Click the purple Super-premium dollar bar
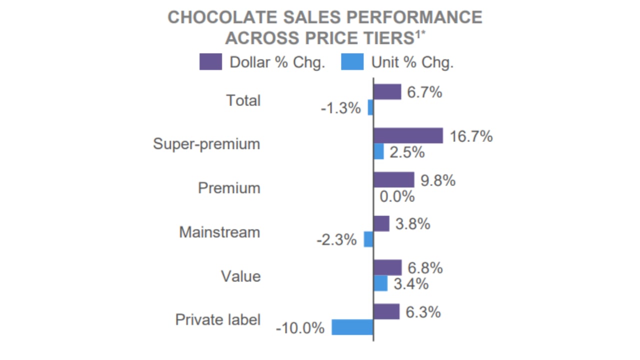pos(408,135)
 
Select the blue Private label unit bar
pos(352,327)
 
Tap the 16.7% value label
pos(471,136)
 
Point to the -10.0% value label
pos(300,328)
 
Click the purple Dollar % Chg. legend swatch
pos(210,62)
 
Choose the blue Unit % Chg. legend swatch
pos(352,62)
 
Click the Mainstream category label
pos(219,232)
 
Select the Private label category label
pos(217,319)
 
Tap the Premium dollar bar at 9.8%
pos(394,180)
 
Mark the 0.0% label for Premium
pos(397,196)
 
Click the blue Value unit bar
pos(380,283)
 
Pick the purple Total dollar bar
pos(387,92)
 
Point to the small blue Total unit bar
pos(370,107)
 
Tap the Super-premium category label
pos(206,144)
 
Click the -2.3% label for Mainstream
pos(336,240)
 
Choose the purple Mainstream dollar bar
pos(381,223)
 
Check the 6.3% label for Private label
pos(423,312)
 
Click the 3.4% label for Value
pos(411,284)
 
